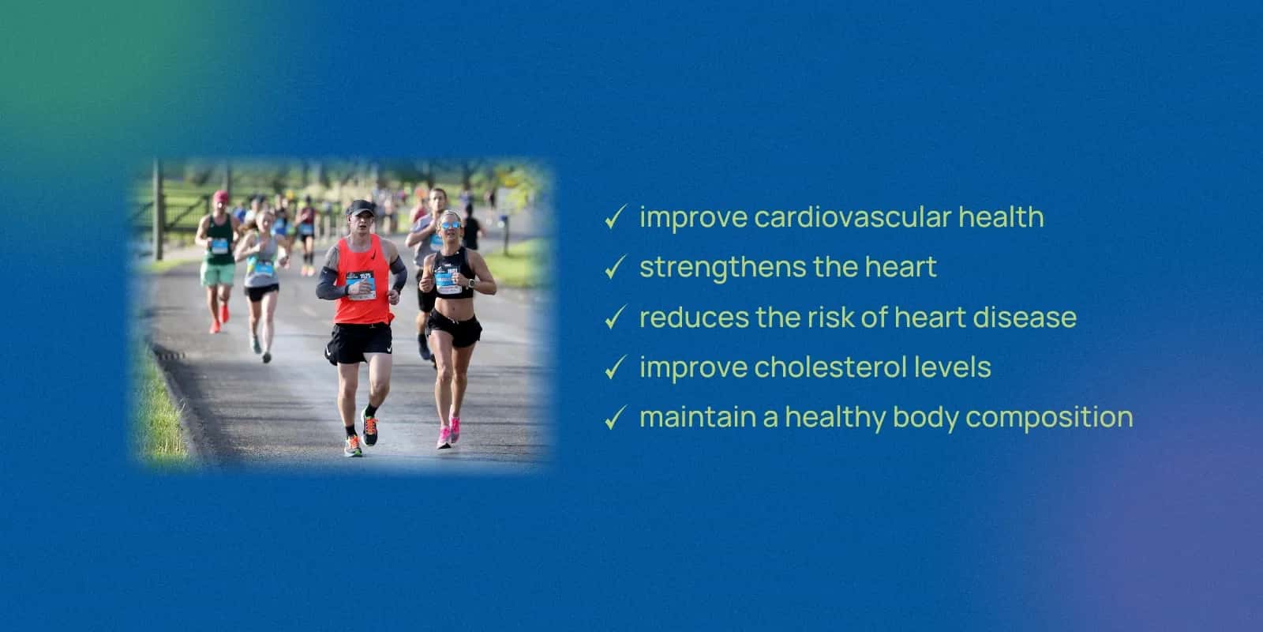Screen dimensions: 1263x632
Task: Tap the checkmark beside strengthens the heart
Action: (615, 267)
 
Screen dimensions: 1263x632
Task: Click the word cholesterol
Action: (830, 367)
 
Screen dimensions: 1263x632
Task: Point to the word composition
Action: (1049, 418)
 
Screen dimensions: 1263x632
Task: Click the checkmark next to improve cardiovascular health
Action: (615, 216)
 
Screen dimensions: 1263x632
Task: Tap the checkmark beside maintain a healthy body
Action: (615, 418)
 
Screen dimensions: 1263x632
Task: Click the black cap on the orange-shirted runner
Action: (360, 207)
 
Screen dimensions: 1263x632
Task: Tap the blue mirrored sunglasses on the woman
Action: (451, 225)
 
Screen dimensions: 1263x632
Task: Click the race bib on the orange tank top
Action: (361, 285)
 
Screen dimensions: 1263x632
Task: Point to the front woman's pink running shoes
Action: (449, 431)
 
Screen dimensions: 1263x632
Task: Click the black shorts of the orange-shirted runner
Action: (358, 343)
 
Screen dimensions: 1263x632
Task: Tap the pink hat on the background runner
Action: (220, 197)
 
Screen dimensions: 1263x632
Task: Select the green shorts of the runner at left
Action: (217, 273)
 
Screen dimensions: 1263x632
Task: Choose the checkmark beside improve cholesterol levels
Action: (615, 367)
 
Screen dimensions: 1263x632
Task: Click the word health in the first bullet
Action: (1002, 217)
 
